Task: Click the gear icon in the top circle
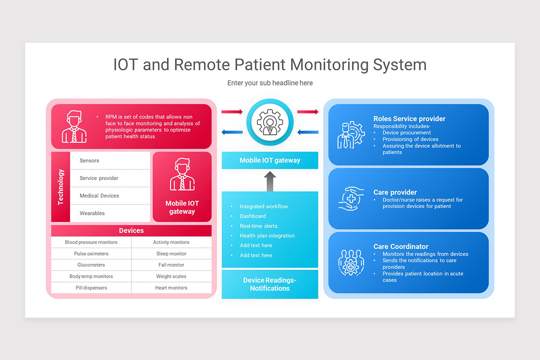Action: coord(270,122)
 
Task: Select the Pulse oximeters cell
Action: coord(91,254)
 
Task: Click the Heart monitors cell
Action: coord(171,288)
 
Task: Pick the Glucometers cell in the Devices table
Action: coord(91,265)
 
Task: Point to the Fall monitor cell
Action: coord(171,265)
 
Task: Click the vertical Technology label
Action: coord(61,187)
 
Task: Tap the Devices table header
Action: coord(131,230)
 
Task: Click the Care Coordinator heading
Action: coord(401,247)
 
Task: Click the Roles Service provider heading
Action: coord(409,119)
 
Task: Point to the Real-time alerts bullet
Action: coord(258,226)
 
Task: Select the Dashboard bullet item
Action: coord(253,216)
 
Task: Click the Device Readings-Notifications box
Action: coord(270,284)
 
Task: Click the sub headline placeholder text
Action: coord(270,83)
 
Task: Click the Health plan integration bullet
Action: coord(267,236)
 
